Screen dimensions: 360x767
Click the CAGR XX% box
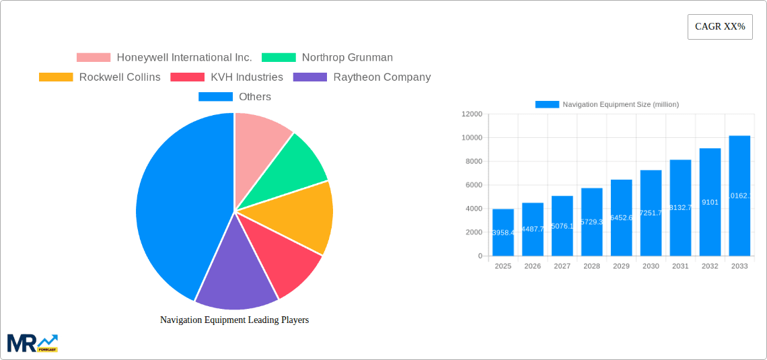click(x=719, y=27)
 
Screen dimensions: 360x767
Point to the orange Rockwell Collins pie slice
click(x=296, y=215)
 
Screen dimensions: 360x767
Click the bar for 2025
click(x=503, y=232)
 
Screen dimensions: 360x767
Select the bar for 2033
click(x=739, y=195)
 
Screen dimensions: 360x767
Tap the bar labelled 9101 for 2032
click(x=710, y=202)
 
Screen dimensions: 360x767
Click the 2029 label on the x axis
click(x=621, y=266)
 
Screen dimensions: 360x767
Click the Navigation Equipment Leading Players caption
click(x=234, y=320)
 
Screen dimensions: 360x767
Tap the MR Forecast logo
click(x=32, y=343)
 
